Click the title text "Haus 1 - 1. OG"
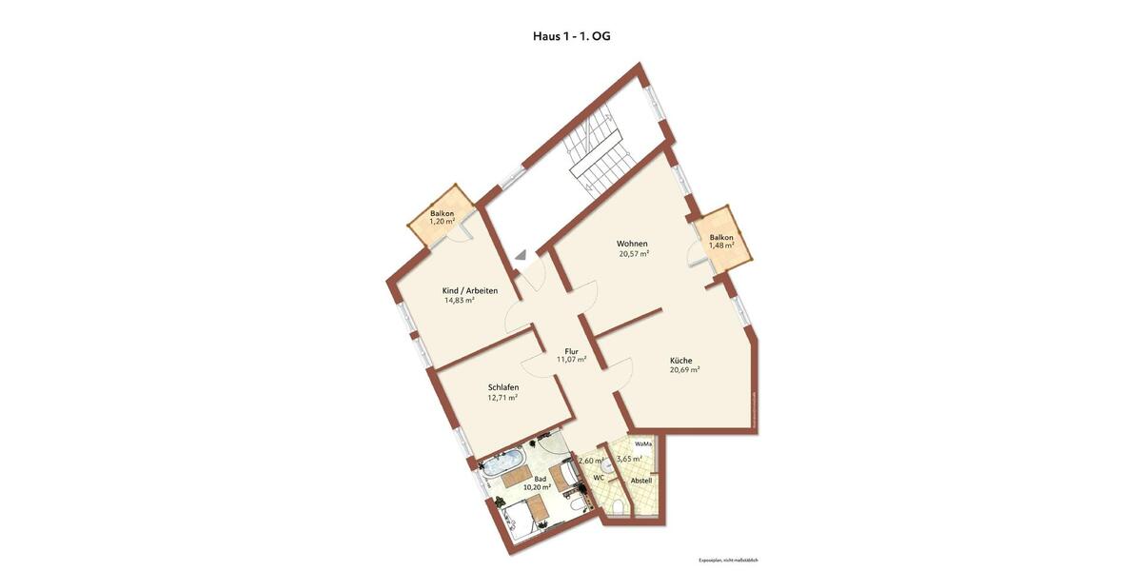click(571, 36)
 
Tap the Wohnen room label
click(632, 244)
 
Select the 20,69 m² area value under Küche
click(684, 370)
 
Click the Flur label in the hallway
click(571, 350)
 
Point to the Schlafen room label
click(502, 387)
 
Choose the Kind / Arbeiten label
click(469, 290)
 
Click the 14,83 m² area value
click(459, 300)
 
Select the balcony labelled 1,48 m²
click(721, 241)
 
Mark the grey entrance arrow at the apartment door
click(520, 254)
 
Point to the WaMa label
click(643, 444)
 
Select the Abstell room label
click(641, 481)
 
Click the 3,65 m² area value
click(629, 459)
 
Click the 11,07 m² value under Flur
click(571, 360)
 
